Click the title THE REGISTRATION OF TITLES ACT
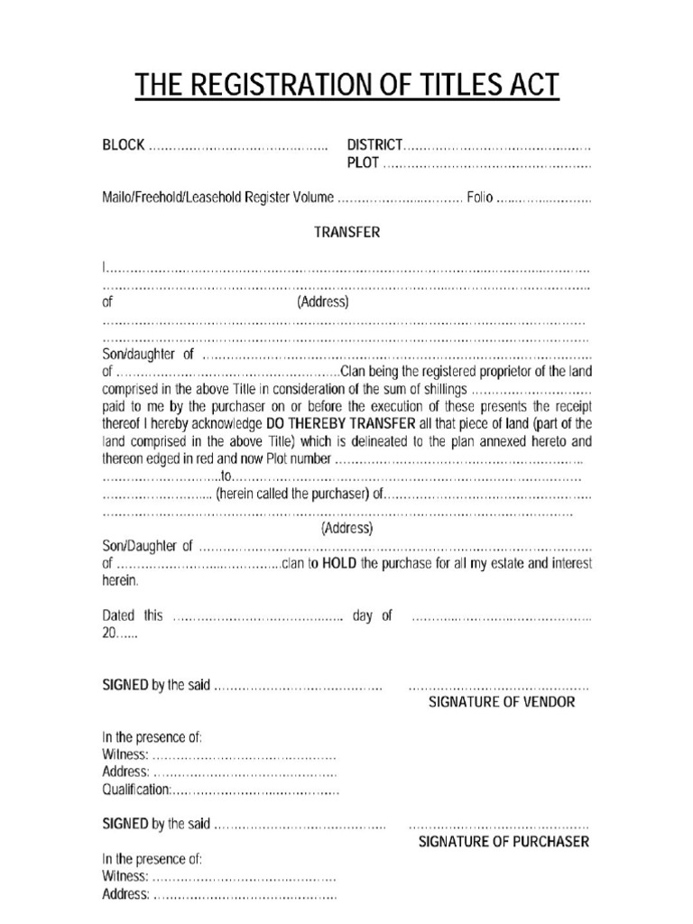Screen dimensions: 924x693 point(346,88)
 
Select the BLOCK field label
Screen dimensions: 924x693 point(122,145)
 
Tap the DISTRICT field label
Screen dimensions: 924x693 point(374,145)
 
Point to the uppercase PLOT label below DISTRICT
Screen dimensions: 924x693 point(364,163)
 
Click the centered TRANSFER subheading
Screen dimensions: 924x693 point(346,232)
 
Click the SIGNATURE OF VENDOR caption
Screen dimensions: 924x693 point(501,702)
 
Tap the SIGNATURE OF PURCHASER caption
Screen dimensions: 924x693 point(504,842)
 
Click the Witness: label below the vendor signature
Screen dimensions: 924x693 point(125,754)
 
